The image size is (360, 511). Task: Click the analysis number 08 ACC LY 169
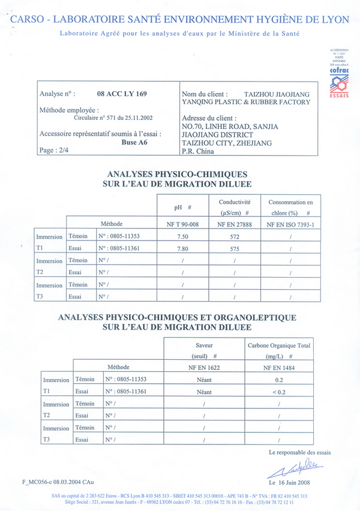pyautogui.click(x=122, y=94)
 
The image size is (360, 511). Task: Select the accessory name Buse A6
pyautogui.click(x=126, y=143)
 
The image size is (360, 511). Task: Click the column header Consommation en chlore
pyautogui.click(x=291, y=207)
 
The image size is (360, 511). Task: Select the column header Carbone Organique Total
pyautogui.click(x=278, y=350)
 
